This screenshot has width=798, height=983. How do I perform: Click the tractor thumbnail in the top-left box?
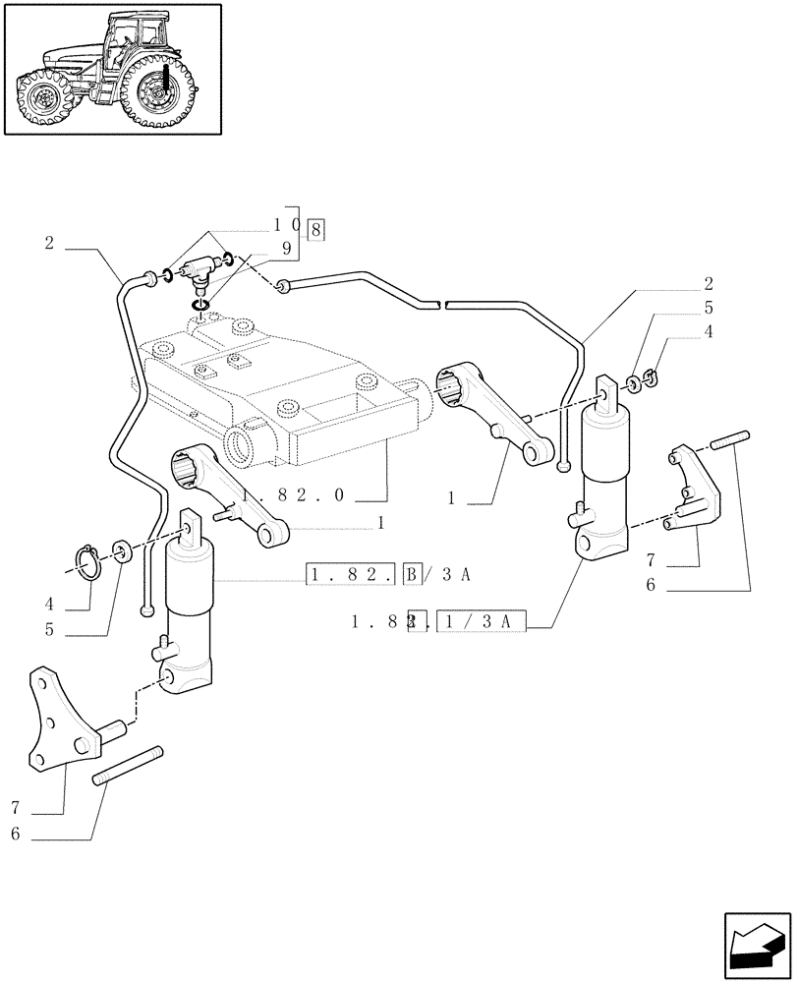pyautogui.click(x=111, y=69)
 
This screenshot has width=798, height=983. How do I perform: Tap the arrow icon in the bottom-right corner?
pyautogui.click(x=756, y=943)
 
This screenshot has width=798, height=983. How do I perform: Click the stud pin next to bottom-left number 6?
pyautogui.click(x=127, y=768)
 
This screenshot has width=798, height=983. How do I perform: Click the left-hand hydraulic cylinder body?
pyautogui.click(x=190, y=609)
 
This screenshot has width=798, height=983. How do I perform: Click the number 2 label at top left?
pyautogui.click(x=48, y=242)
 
